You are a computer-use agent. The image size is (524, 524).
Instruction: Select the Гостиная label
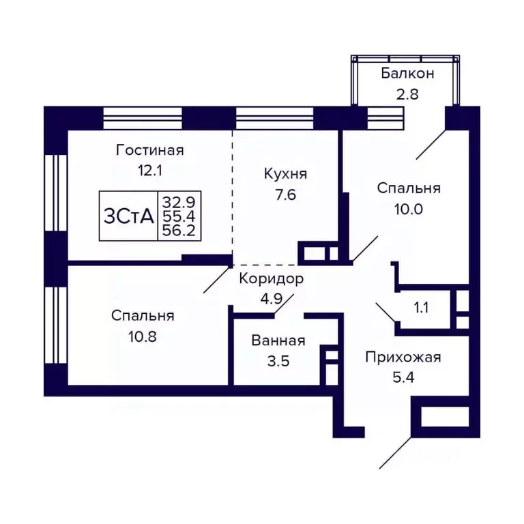coord(150,150)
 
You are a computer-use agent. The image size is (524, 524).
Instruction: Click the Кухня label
coord(286,175)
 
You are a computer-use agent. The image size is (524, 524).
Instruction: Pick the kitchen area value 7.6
coord(286,195)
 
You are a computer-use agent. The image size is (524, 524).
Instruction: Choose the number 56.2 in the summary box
coord(178,231)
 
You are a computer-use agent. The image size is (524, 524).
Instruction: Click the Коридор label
coord(271,278)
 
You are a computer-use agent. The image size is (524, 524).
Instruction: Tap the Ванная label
coord(278,341)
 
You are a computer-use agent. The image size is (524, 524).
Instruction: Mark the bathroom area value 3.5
coord(278,361)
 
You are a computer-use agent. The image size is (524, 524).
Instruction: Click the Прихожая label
coord(403,357)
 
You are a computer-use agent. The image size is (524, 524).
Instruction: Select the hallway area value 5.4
coord(403,377)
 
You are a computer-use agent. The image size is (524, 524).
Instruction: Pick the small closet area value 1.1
coord(421,308)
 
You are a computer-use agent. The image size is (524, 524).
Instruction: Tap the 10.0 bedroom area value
coord(409,209)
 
